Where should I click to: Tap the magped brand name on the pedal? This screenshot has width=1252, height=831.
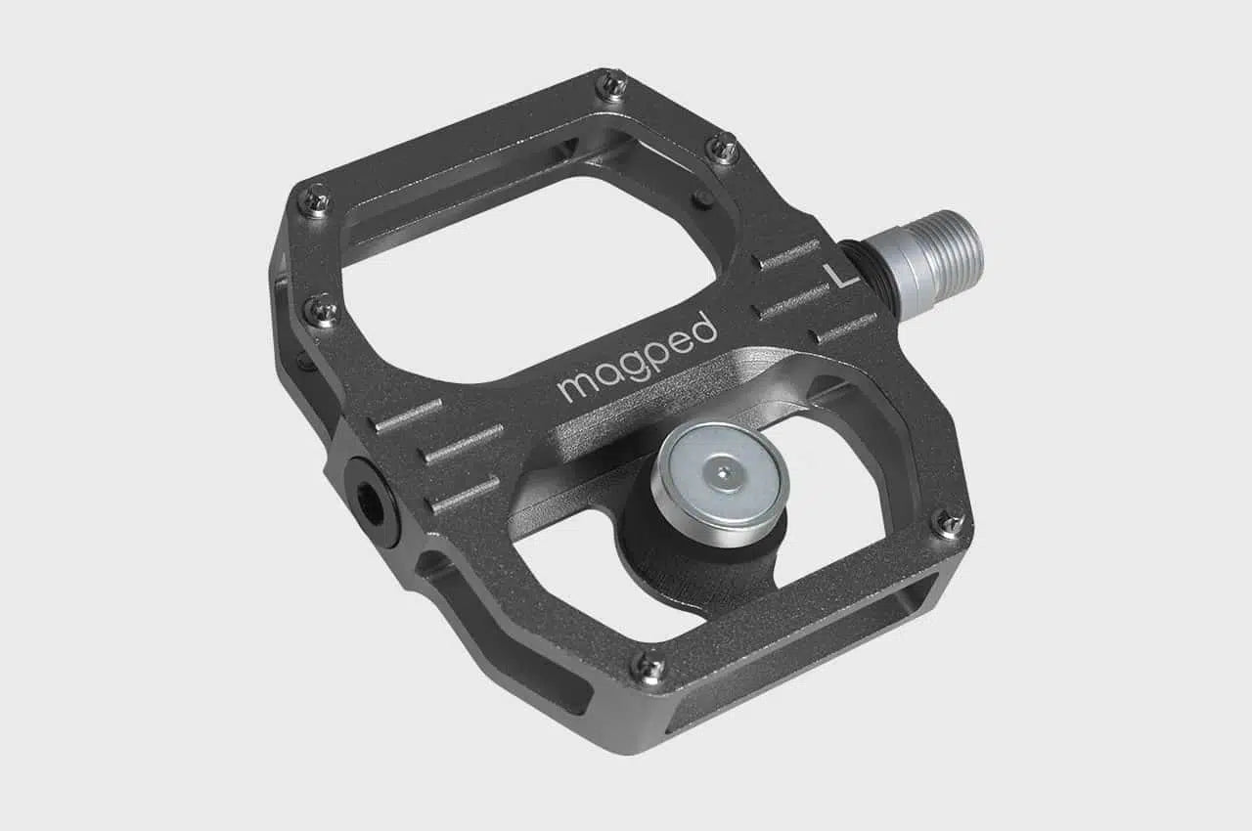[637, 357]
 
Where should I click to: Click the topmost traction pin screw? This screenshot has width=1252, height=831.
[612, 86]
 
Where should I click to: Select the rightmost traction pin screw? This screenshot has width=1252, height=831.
[948, 523]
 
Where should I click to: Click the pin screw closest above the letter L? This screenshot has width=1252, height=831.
[723, 148]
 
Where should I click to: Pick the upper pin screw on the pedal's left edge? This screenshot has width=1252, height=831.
[316, 200]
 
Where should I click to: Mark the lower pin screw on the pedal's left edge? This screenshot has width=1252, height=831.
[322, 311]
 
